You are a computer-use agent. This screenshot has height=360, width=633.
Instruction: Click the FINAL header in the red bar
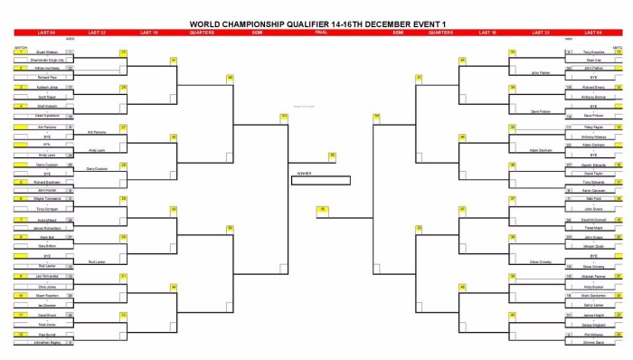coord(320,32)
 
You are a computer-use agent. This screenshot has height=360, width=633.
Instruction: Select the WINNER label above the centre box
coord(303,173)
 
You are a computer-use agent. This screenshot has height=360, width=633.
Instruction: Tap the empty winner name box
coord(320,180)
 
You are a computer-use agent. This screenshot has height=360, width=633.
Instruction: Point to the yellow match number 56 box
coord(333,156)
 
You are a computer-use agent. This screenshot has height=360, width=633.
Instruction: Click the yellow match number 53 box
coord(283,116)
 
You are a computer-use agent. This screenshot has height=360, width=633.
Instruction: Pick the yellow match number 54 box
coord(376,116)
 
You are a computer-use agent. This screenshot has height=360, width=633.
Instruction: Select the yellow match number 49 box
coord(231,78)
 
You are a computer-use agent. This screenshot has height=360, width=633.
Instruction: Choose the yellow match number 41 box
coord(173,60)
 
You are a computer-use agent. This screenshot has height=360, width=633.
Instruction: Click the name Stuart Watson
coord(46,52)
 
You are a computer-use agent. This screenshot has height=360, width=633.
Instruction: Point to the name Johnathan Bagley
coord(46,345)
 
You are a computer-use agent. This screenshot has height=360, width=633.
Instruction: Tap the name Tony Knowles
coord(592,52)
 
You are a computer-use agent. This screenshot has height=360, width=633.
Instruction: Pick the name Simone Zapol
coord(592,345)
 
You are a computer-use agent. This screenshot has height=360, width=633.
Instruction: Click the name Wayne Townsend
coord(46,197)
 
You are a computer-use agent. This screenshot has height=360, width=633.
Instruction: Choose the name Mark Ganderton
coord(592,296)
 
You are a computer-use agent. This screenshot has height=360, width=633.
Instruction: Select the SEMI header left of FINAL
coord(258,32)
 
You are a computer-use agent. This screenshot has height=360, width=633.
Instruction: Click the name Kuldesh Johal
coord(46,87)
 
